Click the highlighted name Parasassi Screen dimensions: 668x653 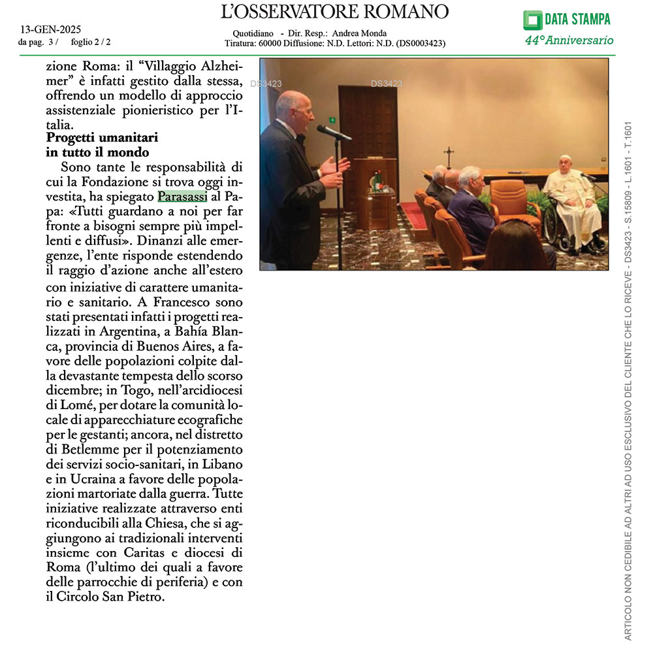[182, 196]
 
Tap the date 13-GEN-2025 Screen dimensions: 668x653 [46, 30]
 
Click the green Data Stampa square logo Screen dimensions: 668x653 [532, 20]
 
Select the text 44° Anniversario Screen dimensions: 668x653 [569, 41]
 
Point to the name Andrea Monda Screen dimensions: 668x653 [359, 34]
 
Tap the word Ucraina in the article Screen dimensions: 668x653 [89, 477]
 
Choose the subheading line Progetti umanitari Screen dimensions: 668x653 [103, 139]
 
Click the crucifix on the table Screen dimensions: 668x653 [449, 158]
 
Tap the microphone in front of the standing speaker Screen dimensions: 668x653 [333, 132]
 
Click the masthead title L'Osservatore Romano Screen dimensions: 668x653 [335, 12]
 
